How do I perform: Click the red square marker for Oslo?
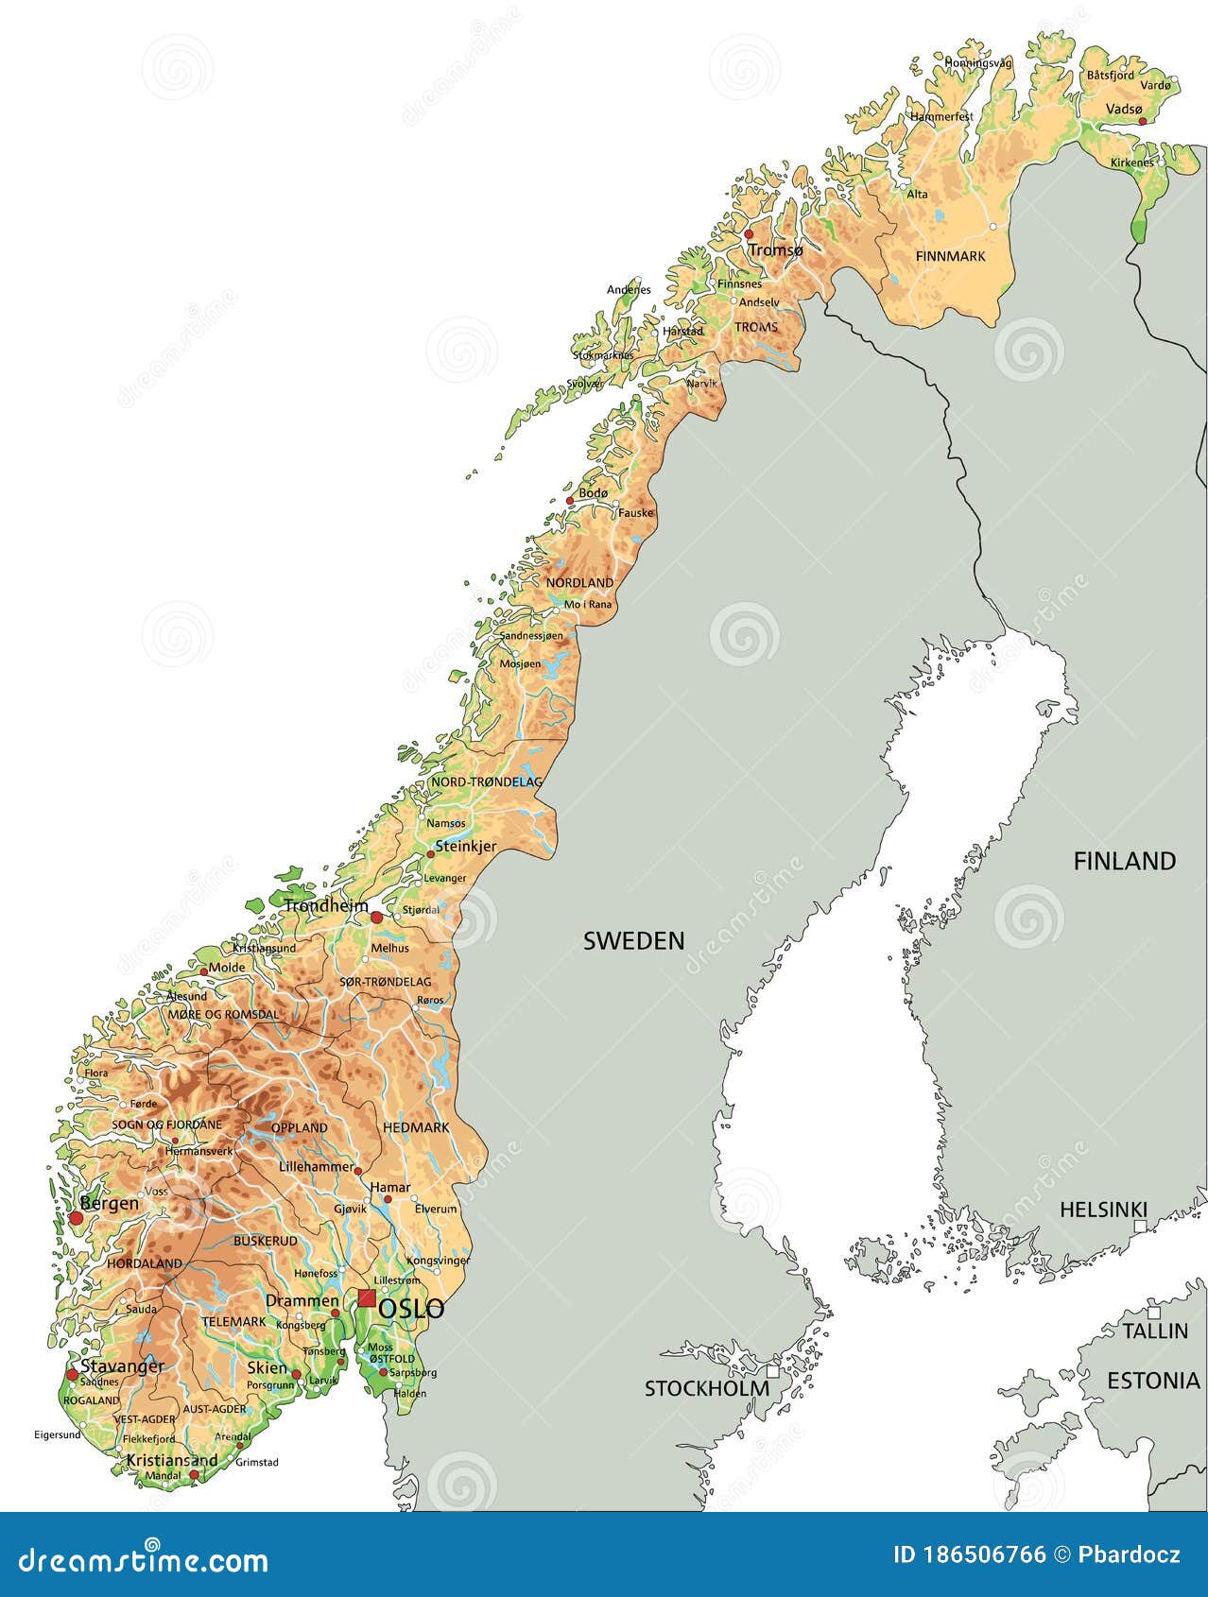tap(367, 1297)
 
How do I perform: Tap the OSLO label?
tap(411, 1309)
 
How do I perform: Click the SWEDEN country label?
tap(633, 940)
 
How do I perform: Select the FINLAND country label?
tap(1125, 861)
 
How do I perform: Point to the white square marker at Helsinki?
tap(1141, 1226)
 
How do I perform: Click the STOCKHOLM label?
tap(706, 1388)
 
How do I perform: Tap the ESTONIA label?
tap(1153, 1381)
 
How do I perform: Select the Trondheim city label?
tap(326, 905)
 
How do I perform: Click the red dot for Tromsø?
tap(749, 234)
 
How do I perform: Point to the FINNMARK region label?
tap(950, 256)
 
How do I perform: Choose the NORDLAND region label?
tap(579, 582)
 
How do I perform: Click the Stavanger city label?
tap(122, 1366)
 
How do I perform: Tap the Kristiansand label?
tap(172, 1460)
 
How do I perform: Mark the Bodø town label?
tap(594, 493)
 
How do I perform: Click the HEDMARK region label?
tap(416, 1127)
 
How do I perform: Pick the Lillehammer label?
tap(316, 1167)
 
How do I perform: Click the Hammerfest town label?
tap(941, 116)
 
